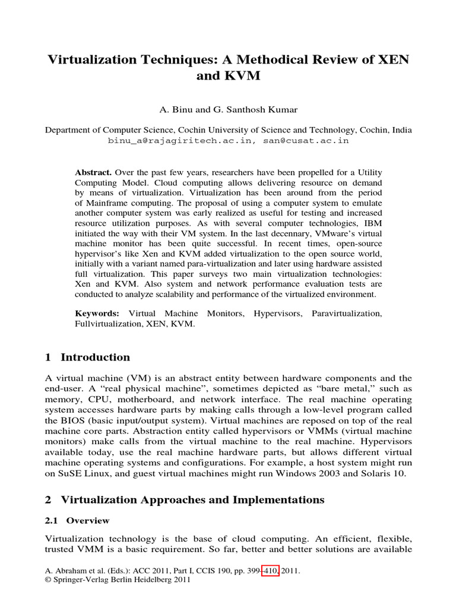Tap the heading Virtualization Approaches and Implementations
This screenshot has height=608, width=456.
(x=192, y=499)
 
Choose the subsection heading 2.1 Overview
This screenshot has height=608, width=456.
(x=78, y=521)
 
